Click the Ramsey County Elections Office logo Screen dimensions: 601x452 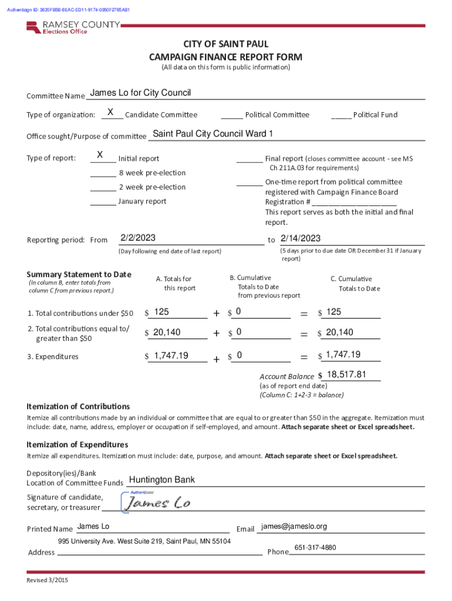[73, 27]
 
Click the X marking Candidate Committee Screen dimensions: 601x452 [110, 112]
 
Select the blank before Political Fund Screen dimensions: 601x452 [341, 115]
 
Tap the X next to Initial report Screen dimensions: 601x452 [100, 155]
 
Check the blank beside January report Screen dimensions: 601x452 [103, 202]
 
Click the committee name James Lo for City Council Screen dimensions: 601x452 [140, 93]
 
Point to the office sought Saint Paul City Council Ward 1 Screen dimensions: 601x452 [212, 134]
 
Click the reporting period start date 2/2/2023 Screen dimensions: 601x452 [138, 238]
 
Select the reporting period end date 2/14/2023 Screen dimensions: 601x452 [301, 238]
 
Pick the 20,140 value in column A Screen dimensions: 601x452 [167, 333]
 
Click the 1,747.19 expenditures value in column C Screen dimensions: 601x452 [343, 354]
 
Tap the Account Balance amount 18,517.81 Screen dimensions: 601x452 [346, 374]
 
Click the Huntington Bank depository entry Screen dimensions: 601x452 [162, 480]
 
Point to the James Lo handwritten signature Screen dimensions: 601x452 [158, 503]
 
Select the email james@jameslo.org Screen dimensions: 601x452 [294, 526]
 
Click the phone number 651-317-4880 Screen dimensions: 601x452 [315, 548]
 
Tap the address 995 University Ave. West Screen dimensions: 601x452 [144, 541]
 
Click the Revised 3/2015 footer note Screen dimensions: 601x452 [48, 580]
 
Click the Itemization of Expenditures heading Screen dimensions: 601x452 [77, 445]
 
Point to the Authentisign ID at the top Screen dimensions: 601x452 [69, 10]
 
